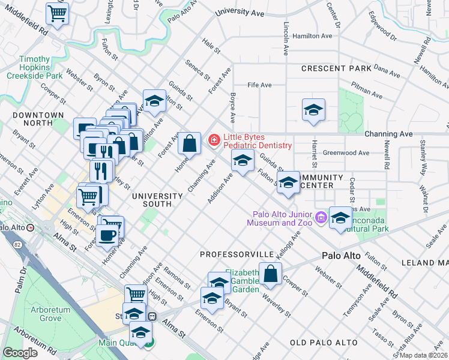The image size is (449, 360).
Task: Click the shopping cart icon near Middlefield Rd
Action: [x=56, y=13]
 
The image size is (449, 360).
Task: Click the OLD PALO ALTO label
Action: [x=324, y=343]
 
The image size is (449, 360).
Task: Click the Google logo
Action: [x=20, y=353]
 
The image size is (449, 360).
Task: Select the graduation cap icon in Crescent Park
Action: [x=312, y=110]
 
